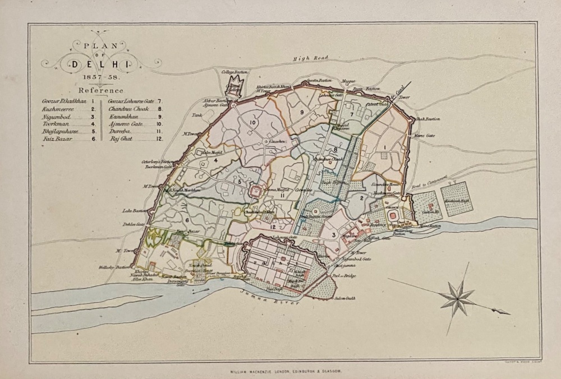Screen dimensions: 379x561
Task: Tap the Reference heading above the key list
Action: click(101, 90)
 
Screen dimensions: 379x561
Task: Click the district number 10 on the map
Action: click(252, 122)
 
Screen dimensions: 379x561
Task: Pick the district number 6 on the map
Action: click(187, 220)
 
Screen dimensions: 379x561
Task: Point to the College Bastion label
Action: click(234, 72)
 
